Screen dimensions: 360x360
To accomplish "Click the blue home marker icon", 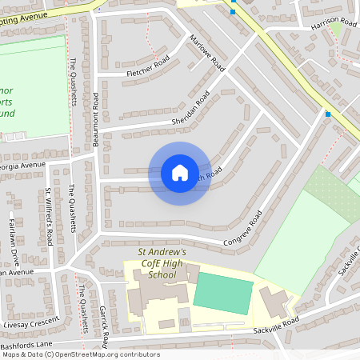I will [x=180, y=173].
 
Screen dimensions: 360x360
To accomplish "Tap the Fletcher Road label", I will [x=149, y=67].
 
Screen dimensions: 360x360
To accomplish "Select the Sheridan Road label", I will [x=190, y=111].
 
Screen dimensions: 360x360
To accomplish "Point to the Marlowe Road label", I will [x=207, y=54].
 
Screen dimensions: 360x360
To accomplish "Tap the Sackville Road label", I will [x=275, y=324].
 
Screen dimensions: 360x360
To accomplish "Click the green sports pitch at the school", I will [x=223, y=293].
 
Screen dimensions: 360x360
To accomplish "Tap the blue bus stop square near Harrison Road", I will [x=328, y=114].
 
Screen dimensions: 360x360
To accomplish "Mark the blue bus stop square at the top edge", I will [x=233, y=11].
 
